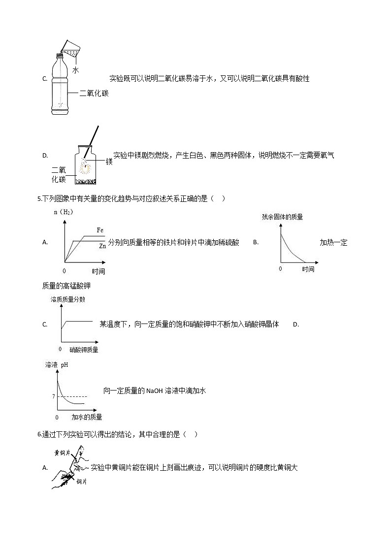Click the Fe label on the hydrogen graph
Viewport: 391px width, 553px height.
(100, 230)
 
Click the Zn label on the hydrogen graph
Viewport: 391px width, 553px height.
(102, 245)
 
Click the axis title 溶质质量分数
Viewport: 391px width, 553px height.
(67, 299)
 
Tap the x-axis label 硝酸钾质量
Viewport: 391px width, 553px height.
(80, 350)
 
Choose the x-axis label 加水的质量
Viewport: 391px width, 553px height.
(87, 417)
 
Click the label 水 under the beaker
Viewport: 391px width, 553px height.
(75, 70)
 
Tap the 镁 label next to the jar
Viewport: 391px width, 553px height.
(109, 162)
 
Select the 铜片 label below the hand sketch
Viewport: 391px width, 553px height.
(82, 482)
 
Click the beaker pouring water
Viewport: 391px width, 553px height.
(71, 49)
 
